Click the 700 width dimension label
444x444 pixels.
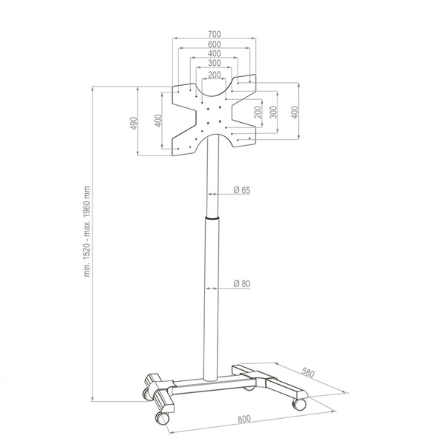tap(215, 34)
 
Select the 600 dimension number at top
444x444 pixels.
tap(215, 44)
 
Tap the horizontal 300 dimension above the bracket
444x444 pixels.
tap(215, 63)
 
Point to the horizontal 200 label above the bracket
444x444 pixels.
tap(215, 75)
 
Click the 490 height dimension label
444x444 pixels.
tap(134, 123)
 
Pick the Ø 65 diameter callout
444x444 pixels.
tap(242, 190)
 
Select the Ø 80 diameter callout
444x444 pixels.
tap(242, 283)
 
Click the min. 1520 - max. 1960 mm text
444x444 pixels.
tap(87, 232)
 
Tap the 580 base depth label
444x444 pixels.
tap(308, 372)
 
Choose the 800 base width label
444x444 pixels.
tap(244, 419)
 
